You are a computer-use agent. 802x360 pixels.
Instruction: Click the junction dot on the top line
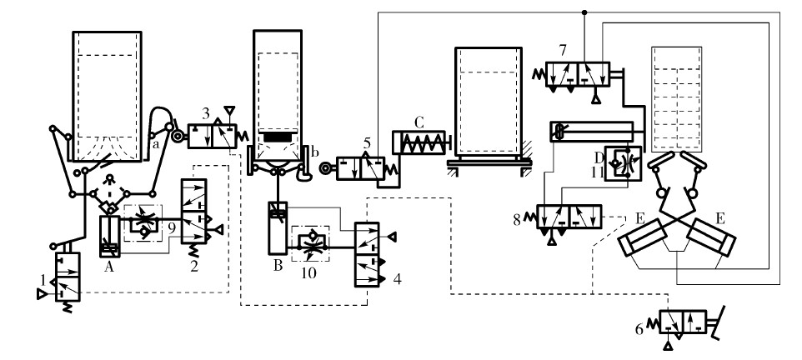tap(584, 12)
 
